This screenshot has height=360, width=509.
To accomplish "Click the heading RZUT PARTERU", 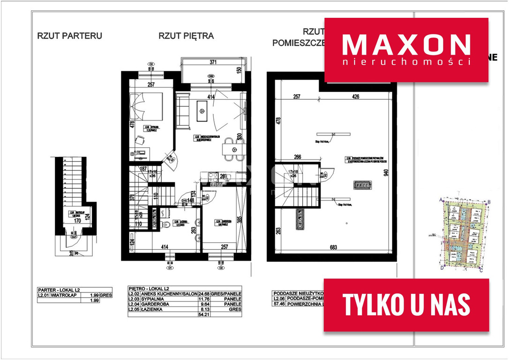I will click(x=69, y=36).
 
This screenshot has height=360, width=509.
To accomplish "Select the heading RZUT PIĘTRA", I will click(x=186, y=36).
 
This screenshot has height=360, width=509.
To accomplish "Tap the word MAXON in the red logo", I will click(x=406, y=45).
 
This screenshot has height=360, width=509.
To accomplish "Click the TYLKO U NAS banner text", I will click(x=406, y=305).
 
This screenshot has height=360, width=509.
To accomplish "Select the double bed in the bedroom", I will click(x=147, y=107).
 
